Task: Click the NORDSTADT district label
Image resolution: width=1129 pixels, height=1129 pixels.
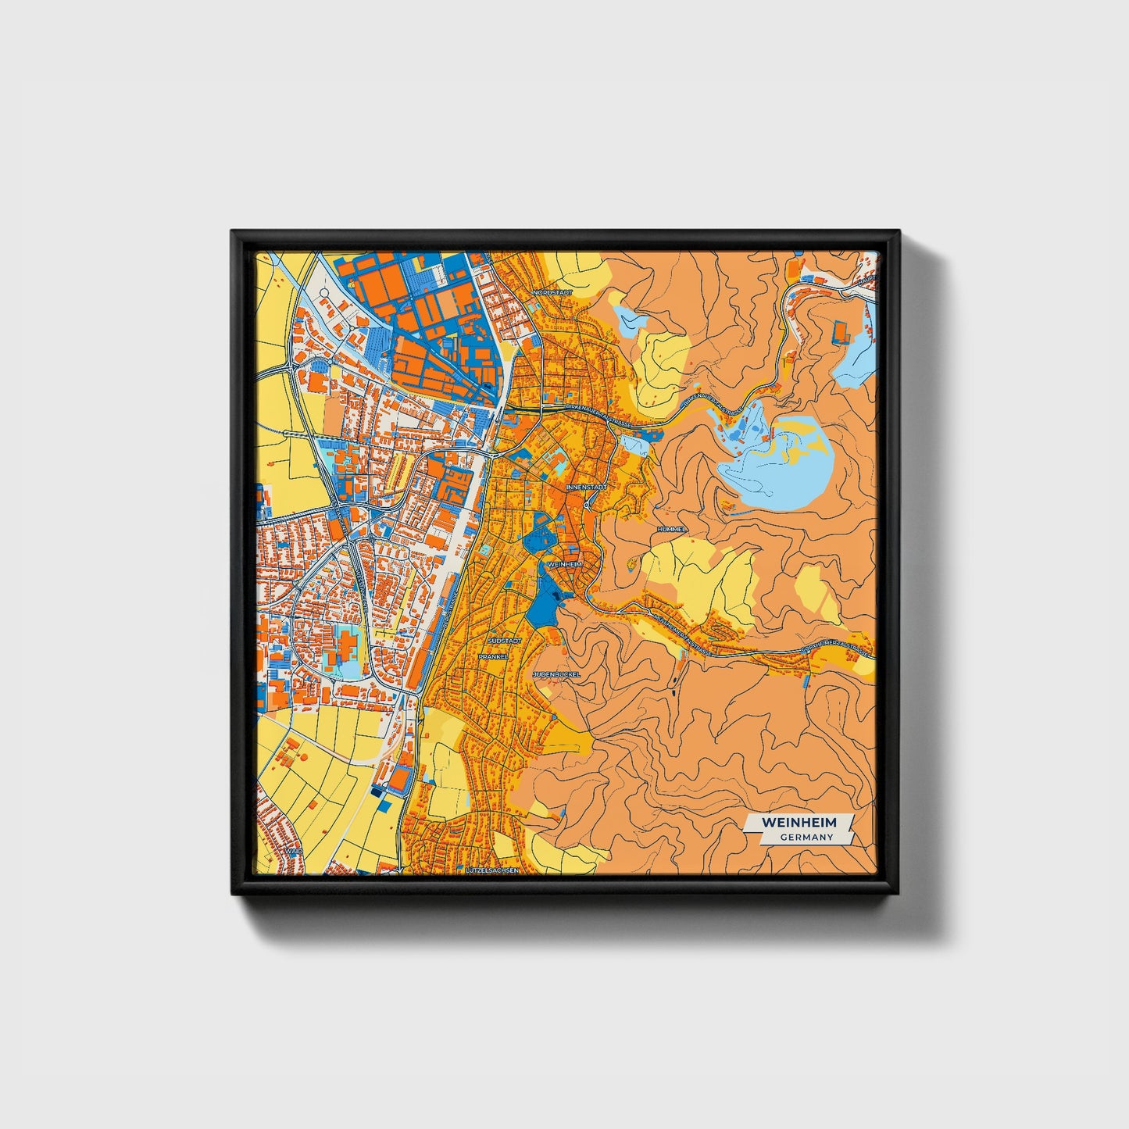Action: [552, 292]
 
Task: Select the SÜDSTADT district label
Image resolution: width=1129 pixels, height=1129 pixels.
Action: [503, 640]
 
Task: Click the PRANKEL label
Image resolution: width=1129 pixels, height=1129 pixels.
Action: [494, 656]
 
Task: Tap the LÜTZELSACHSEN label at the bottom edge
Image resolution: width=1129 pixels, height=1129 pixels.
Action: [491, 869]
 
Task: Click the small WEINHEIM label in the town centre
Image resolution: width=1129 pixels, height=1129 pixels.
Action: [566, 563]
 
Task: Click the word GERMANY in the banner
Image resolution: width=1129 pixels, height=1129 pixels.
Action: [806, 837]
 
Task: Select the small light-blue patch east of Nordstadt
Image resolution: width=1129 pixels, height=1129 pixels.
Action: [631, 320]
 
